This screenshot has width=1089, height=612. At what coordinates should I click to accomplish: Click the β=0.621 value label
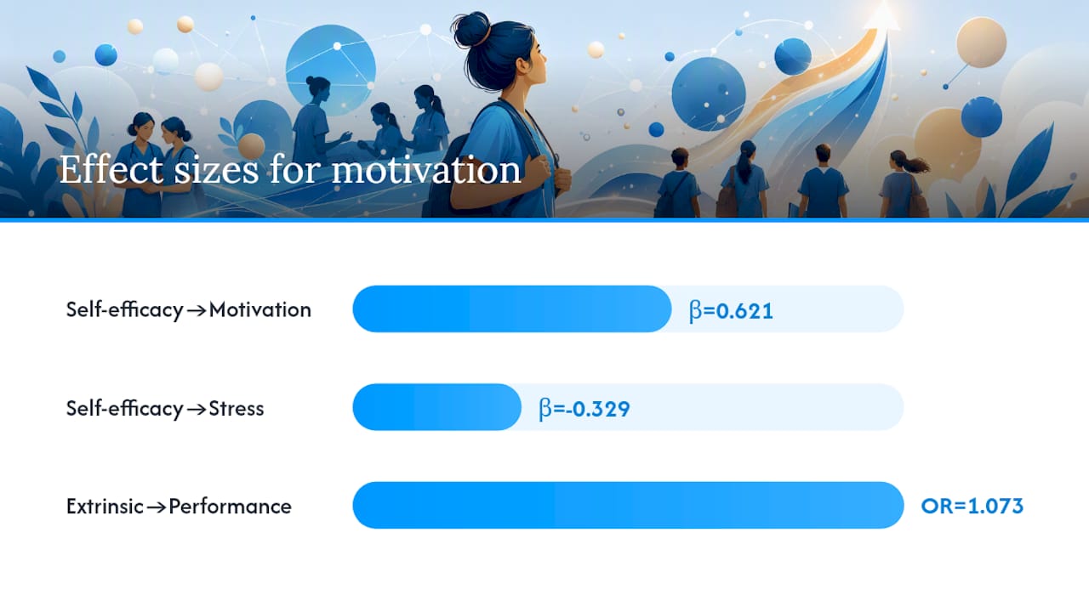731,311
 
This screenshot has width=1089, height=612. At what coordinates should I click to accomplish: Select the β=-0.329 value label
584,409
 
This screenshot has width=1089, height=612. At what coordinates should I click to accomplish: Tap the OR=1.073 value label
972,506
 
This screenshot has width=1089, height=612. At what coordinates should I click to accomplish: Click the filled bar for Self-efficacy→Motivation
512,309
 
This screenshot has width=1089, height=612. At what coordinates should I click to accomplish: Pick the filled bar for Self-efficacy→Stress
437,407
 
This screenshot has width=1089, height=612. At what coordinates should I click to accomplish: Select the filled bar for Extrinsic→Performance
628,505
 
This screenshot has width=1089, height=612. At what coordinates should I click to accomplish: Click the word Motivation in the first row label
260,310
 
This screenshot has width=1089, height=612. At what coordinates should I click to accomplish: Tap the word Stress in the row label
237,409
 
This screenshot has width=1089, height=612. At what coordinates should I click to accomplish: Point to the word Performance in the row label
230,507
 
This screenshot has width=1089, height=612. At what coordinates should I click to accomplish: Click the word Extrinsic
105,507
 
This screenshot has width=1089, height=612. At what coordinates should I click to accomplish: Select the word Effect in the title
111,169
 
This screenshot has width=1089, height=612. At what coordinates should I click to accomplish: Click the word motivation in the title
426,170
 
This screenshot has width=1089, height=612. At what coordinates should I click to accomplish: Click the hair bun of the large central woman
470,30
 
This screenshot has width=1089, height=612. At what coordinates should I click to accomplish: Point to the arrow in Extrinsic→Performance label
156,507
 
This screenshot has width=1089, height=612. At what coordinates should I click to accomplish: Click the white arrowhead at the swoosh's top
882,17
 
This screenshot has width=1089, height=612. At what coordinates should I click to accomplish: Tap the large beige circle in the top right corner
981,42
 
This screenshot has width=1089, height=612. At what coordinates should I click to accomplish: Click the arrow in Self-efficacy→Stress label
197,410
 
